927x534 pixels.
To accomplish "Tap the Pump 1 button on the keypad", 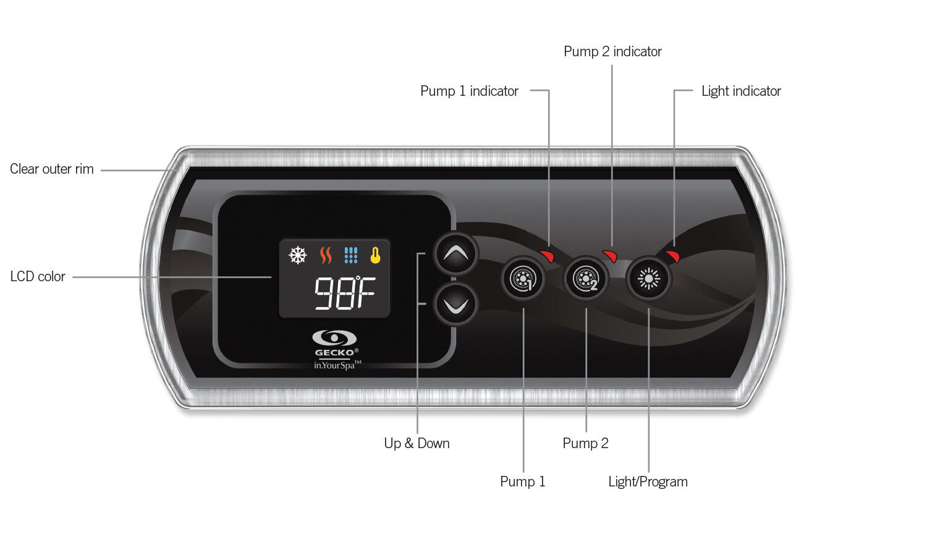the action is (523, 279).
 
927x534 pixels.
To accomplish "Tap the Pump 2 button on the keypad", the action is (586, 279).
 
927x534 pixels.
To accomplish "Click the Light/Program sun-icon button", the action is (648, 279).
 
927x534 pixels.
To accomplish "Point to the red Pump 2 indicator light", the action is (610, 256).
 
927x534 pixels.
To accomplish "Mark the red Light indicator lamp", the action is (673, 256).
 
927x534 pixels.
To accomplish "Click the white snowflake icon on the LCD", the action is (297, 255).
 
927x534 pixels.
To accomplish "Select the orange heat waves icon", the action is (326, 255).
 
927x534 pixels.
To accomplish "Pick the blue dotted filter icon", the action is (350, 255).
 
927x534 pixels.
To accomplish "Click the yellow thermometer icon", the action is (375, 255).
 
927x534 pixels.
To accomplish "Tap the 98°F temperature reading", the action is (345, 293).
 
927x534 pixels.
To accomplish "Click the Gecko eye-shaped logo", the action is (334, 338).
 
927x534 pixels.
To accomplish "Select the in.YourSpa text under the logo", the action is (337, 365).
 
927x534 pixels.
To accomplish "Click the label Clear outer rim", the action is (52, 169).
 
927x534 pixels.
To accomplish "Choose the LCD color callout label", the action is (38, 276).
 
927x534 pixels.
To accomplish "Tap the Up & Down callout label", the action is (417, 443).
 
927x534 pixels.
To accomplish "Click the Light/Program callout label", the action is (648, 482).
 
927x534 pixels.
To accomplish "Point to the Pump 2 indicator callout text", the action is (612, 51).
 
